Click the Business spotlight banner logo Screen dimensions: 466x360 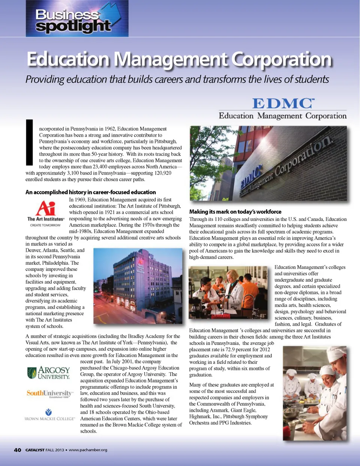77,19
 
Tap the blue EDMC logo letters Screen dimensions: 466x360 283,103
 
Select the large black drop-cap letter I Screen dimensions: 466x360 29,143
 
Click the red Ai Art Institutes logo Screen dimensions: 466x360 46,212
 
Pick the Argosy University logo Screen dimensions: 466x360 49,373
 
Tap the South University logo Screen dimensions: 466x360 49,393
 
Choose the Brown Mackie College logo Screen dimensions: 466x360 49,415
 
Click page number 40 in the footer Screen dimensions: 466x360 17,450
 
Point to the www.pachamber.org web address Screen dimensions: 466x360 88,450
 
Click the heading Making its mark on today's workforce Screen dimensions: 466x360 235,212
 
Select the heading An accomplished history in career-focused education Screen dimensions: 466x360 90,192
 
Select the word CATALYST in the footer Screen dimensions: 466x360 35,450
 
